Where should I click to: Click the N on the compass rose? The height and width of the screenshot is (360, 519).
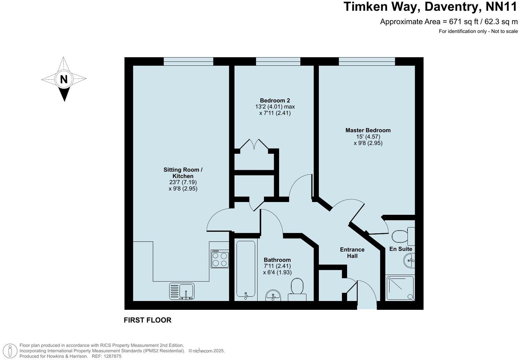[x=63, y=79]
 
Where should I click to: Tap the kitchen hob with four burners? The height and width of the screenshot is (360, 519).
[x=220, y=259]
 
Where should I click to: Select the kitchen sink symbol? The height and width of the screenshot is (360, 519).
[x=182, y=291]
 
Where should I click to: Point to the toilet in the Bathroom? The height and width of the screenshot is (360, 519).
[x=297, y=288]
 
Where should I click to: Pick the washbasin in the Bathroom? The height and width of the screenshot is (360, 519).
[x=273, y=295]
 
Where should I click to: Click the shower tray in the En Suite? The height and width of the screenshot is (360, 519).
[x=400, y=288]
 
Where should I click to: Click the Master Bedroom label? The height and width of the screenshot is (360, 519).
[x=368, y=130]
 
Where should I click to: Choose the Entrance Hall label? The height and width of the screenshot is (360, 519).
[x=352, y=253]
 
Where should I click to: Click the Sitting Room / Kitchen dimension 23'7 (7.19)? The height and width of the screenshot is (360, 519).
[x=183, y=182]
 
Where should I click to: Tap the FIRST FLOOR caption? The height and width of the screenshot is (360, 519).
[x=148, y=320]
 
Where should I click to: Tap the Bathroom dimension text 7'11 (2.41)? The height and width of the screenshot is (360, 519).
[x=277, y=266]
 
